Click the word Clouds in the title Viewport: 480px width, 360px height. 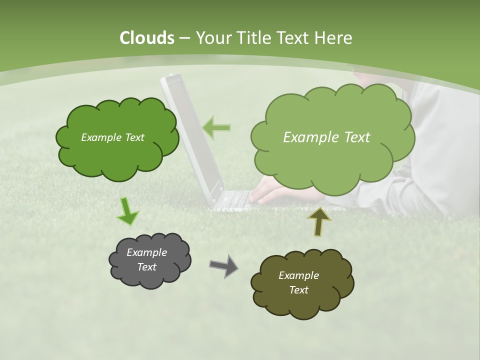pos(146,38)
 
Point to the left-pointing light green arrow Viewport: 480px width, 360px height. pos(216,128)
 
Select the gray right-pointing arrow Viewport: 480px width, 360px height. pos(223,266)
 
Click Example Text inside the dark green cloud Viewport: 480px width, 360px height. pos(112,137)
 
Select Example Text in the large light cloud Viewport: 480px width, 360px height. pos(326,137)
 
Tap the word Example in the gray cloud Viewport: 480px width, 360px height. pos(146,252)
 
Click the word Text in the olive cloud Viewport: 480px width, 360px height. pos(298,290)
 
